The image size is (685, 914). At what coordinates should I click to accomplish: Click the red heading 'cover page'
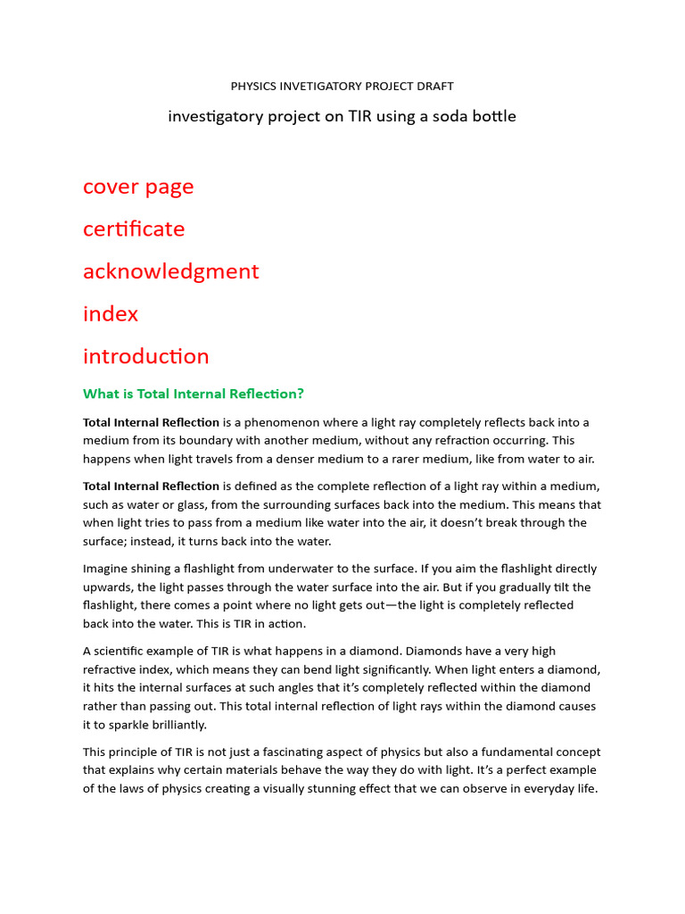138,187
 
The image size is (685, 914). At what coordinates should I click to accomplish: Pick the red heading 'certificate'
134,229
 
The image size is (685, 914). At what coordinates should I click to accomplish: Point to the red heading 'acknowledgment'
170,271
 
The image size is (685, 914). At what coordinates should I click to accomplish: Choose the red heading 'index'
111,314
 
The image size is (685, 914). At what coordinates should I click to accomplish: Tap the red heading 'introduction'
146,356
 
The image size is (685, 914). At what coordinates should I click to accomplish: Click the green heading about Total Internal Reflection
194,394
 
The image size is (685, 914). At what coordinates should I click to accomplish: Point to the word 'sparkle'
144,725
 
